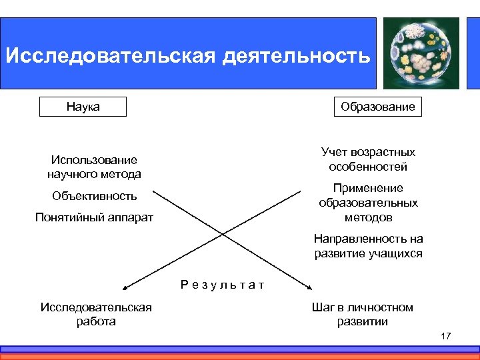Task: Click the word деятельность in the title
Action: pos(296,55)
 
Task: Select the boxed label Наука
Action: pos(83,107)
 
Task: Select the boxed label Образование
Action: pos(377,107)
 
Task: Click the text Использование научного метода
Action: pos(94,167)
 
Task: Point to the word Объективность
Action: pos(94,196)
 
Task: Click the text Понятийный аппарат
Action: pos(94,217)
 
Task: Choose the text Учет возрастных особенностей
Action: pos(368,159)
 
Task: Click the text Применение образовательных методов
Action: pos(368,203)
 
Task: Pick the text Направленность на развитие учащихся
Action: pos(368,246)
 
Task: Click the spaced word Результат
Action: pos(223,285)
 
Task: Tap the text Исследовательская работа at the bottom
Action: pos(96,314)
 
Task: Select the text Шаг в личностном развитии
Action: pos(362,314)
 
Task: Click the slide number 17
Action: pos(445,336)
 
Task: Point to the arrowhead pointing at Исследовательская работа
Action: pos(125,287)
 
